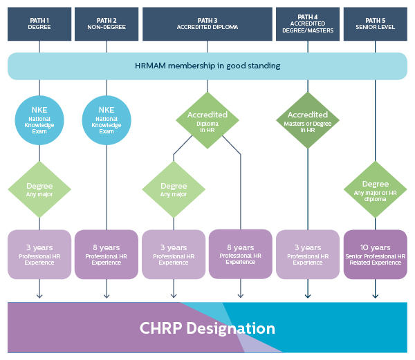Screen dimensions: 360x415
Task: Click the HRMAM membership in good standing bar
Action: coord(207,66)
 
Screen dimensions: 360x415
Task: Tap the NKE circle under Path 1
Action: coord(39,119)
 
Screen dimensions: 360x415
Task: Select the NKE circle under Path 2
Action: coord(107,119)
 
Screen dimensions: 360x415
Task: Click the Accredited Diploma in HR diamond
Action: coord(207,119)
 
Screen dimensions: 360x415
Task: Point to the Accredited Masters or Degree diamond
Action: coord(308,119)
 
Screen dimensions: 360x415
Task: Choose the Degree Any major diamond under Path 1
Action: coord(39,189)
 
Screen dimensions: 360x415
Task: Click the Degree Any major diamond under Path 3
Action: coord(174,189)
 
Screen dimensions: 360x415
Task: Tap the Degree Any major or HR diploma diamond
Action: coord(375,189)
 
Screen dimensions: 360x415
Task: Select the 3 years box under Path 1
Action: coord(39,254)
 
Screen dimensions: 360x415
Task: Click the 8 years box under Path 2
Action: coord(107,254)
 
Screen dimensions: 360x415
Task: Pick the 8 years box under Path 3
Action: coord(240,254)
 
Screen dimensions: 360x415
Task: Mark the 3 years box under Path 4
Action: coord(308,254)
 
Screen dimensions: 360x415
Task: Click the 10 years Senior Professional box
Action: coord(375,254)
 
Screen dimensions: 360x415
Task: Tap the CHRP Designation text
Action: coord(207,328)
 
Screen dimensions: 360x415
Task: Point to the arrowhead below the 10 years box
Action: coord(375,296)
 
